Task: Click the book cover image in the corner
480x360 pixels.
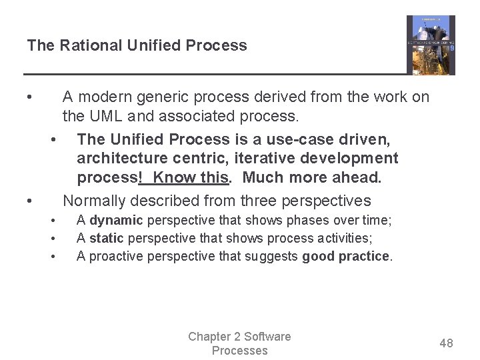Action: [431, 45]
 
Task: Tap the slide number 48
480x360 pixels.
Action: [446, 343]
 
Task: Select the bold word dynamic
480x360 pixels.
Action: [117, 220]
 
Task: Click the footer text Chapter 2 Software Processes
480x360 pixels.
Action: [239, 343]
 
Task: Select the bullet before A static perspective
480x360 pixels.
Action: [52, 238]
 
